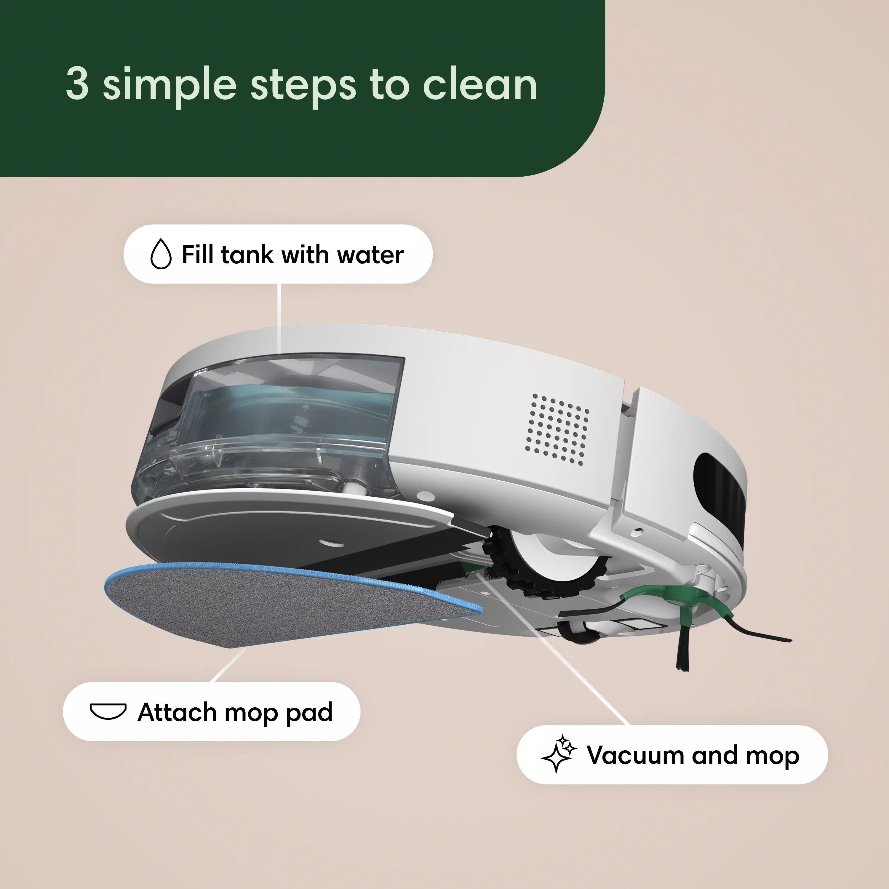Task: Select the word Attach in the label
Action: point(177,711)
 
